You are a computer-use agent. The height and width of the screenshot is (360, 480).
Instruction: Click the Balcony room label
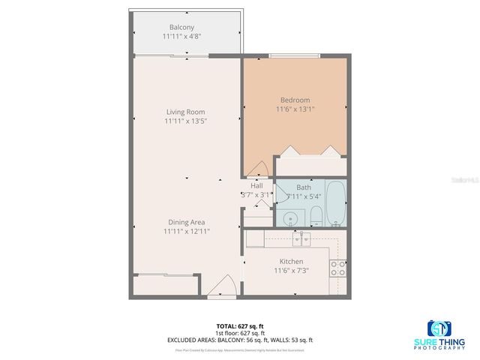point(181,28)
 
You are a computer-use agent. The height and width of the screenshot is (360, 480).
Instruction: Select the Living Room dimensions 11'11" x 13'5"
point(185,121)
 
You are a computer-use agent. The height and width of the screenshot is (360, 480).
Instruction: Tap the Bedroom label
point(295,100)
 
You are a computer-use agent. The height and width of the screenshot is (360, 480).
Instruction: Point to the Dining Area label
point(186,222)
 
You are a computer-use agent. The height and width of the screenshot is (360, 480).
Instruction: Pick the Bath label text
point(304,187)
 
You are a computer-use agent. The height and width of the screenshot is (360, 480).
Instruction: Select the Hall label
point(256,186)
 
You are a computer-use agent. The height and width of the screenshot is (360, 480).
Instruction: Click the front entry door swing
point(223,287)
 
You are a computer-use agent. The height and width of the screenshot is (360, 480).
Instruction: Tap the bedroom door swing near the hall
point(257,169)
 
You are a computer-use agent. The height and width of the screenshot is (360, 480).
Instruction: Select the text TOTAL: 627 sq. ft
point(239,326)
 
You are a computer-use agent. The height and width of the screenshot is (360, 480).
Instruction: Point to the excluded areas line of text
point(239,340)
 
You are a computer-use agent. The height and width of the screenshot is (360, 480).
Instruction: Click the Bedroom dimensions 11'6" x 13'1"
point(295,109)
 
